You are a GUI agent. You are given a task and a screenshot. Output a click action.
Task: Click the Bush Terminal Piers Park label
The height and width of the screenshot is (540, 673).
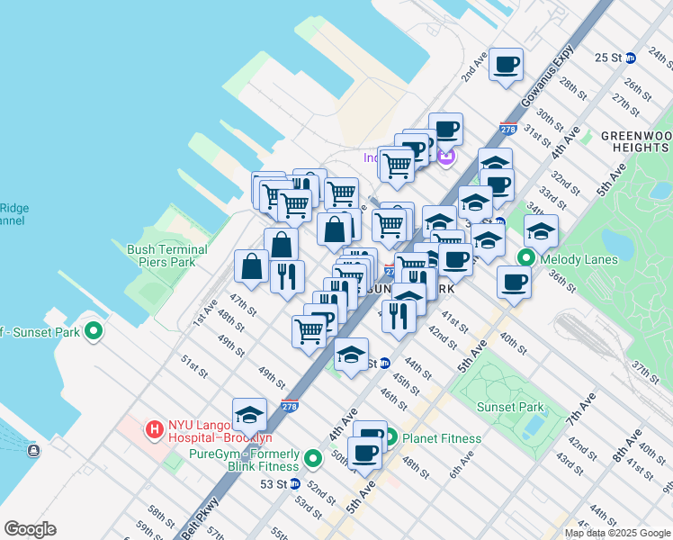pos(167,256)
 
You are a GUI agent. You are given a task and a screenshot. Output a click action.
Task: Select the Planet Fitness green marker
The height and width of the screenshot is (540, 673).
pos(390,438)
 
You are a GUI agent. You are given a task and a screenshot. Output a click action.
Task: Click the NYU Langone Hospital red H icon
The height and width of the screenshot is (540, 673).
pos(154,428)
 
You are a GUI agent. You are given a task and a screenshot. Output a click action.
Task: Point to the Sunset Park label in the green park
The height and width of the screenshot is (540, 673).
pos(509,407)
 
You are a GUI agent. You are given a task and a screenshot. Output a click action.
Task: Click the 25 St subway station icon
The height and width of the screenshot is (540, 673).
pos(631,58)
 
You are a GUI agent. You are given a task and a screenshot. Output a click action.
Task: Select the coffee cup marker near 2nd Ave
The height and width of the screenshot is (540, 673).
pos(507,64)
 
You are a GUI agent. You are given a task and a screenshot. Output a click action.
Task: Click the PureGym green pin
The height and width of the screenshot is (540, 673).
pos(313,459)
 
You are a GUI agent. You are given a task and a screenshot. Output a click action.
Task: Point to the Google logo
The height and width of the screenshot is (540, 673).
pos(30,529)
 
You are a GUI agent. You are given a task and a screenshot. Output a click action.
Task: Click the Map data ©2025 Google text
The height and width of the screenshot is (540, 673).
pos(617,533)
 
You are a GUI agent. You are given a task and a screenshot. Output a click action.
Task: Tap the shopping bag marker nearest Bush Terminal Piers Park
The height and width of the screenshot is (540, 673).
pos(251,266)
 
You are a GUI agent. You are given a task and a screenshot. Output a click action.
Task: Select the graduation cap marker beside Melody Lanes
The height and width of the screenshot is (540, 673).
pos(541,231)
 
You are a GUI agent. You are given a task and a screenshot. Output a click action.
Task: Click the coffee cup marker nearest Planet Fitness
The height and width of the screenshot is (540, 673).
pos(365,452)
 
